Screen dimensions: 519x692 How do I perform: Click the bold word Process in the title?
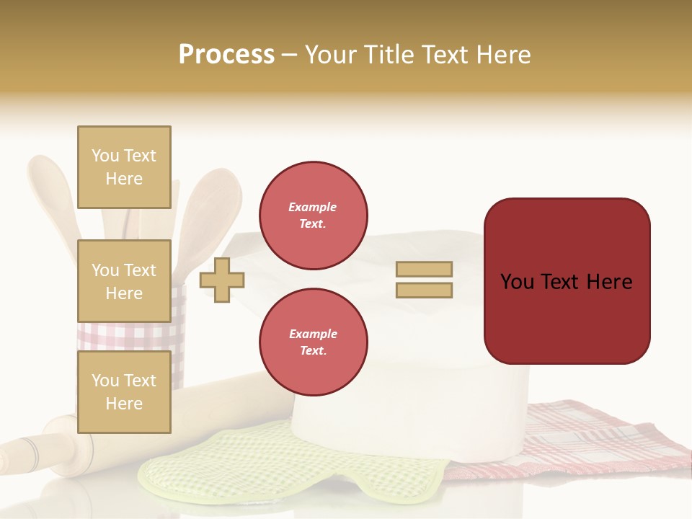click(x=226, y=55)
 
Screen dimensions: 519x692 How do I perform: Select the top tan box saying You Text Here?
click(x=124, y=167)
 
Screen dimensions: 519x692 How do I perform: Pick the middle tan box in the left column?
click(x=124, y=281)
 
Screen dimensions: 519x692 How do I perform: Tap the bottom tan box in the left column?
click(x=124, y=391)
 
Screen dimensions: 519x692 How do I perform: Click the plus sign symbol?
click(x=222, y=279)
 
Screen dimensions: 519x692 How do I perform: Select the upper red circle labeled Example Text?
click(x=313, y=216)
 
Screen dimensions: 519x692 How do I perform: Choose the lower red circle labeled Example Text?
click(x=313, y=342)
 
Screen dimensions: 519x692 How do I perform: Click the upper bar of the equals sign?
click(x=424, y=269)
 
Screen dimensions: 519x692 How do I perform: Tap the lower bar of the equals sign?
click(x=424, y=290)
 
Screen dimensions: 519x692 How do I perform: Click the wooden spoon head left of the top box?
click(x=50, y=187)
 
